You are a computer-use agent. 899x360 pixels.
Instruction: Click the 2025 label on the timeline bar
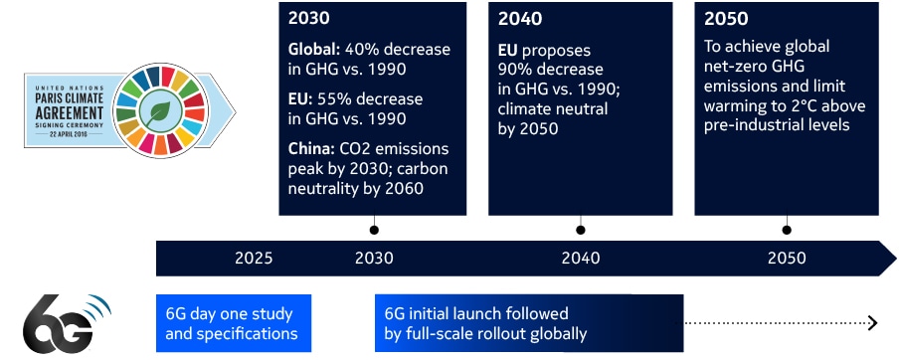(254, 259)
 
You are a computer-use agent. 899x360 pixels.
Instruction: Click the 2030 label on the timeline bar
(374, 259)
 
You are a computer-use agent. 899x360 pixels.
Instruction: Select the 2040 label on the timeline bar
(581, 259)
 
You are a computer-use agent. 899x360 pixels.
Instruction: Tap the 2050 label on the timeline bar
(787, 259)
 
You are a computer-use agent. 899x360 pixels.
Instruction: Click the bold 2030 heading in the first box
(309, 19)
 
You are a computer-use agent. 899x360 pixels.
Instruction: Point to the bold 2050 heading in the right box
(725, 19)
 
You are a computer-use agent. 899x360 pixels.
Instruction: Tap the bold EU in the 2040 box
(509, 50)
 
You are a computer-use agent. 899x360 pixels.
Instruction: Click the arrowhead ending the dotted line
(872, 322)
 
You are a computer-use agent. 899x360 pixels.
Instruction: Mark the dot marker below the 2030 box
(374, 230)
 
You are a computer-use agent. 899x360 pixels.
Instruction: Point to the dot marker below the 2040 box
(581, 230)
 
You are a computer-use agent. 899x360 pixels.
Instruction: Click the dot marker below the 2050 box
(787, 230)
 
